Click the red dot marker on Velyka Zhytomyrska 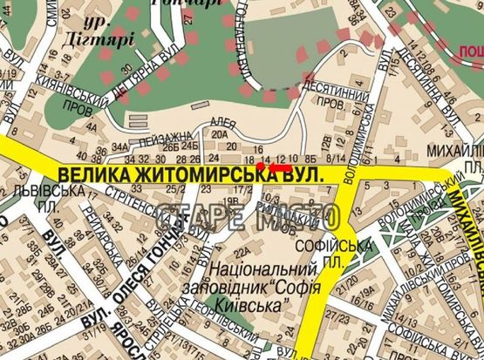pyautogui.click(x=260, y=166)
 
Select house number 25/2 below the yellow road pyautogui.click(x=175, y=188)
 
